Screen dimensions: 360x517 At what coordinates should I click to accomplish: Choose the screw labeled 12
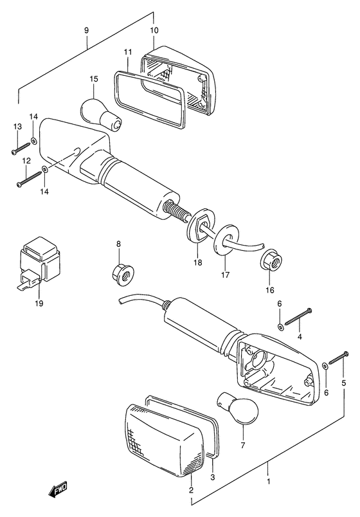click(x=30, y=178)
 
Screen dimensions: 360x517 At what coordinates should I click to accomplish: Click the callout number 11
click(x=128, y=52)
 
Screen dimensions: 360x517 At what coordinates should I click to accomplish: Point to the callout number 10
click(x=154, y=30)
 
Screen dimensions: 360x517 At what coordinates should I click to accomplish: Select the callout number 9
click(x=86, y=30)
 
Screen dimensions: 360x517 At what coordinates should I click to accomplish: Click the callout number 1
click(x=268, y=482)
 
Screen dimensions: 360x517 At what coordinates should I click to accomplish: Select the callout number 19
click(x=39, y=304)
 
